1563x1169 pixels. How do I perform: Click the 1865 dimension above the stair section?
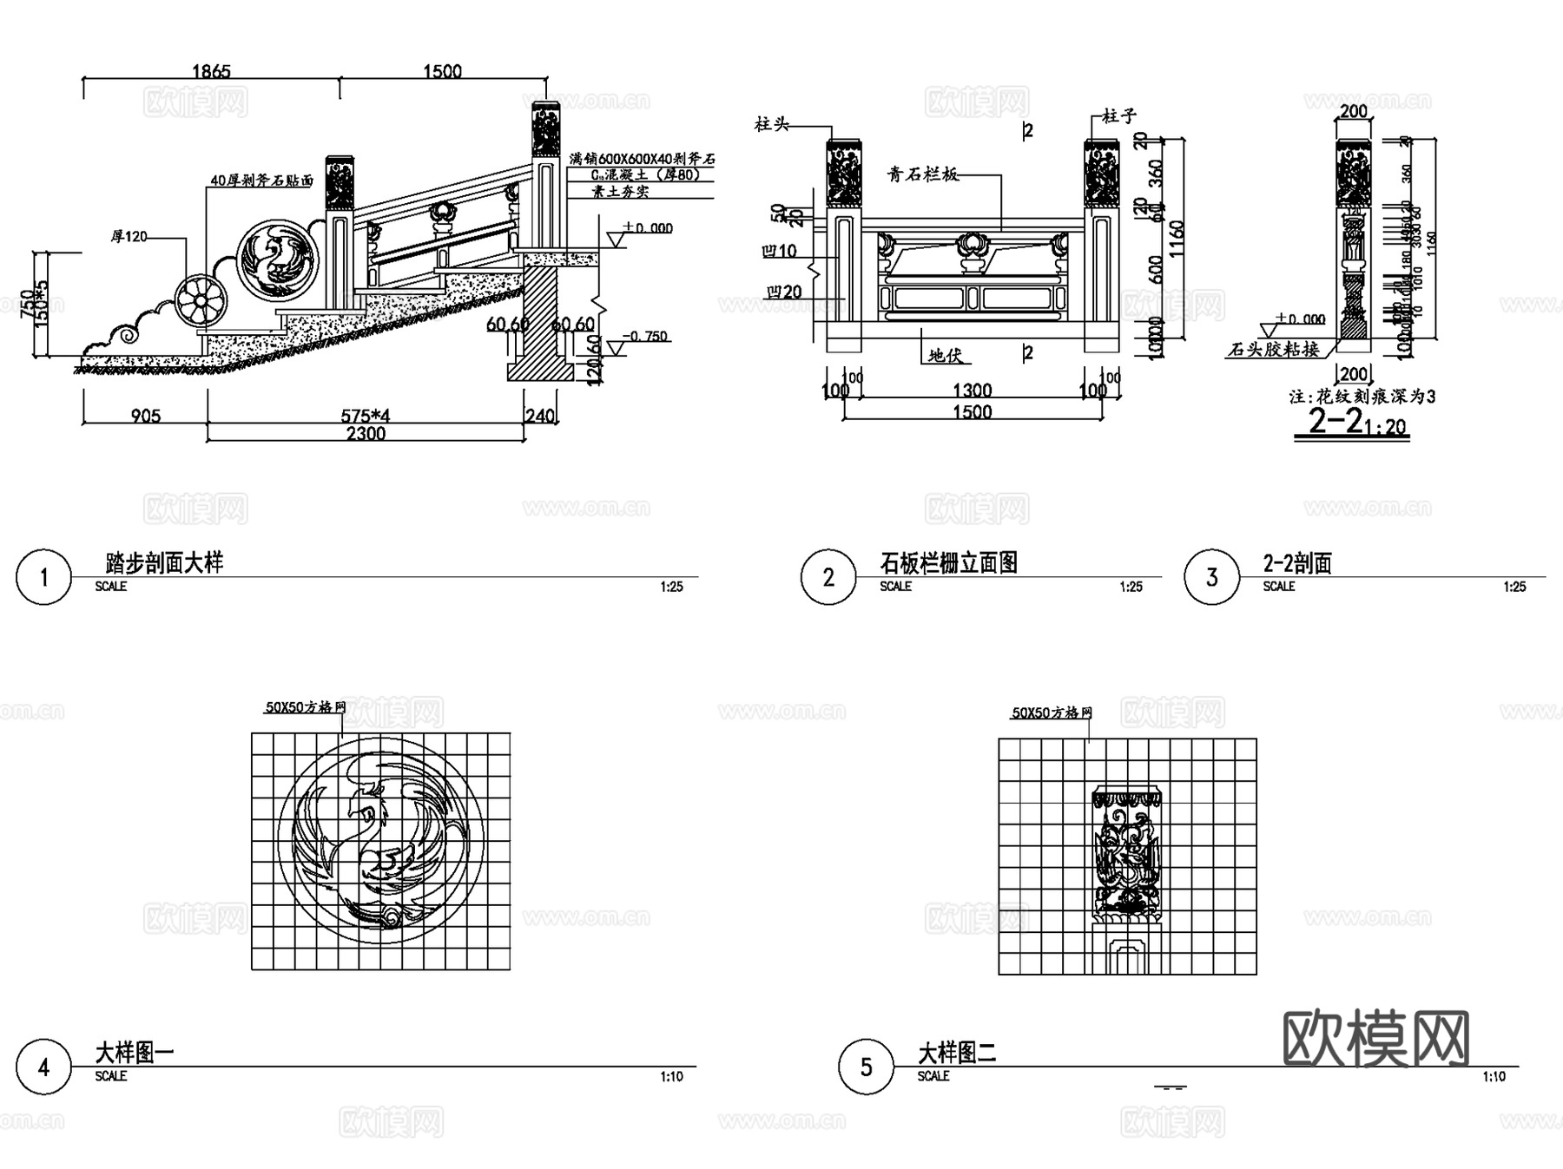point(211,71)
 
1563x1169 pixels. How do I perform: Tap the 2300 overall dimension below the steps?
point(366,433)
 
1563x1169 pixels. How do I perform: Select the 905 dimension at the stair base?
point(145,416)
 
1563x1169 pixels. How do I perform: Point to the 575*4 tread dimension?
point(365,416)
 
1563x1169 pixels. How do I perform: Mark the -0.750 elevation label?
point(646,337)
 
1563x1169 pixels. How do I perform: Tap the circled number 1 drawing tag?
point(43,577)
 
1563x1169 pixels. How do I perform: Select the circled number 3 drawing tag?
point(1211,577)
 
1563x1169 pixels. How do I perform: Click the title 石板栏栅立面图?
point(948,563)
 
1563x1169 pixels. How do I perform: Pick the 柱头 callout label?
point(771,124)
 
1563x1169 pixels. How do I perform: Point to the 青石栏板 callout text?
point(922,174)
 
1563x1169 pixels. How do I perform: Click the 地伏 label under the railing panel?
point(945,355)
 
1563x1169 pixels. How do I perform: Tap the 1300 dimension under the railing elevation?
point(972,391)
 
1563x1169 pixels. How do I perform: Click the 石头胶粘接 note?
point(1274,350)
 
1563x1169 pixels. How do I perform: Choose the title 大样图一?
point(135,1054)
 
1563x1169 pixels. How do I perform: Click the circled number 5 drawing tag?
point(866,1067)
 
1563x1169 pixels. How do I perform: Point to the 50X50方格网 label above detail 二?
point(1052,713)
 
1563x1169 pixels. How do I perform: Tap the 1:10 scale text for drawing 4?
point(671,1077)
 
